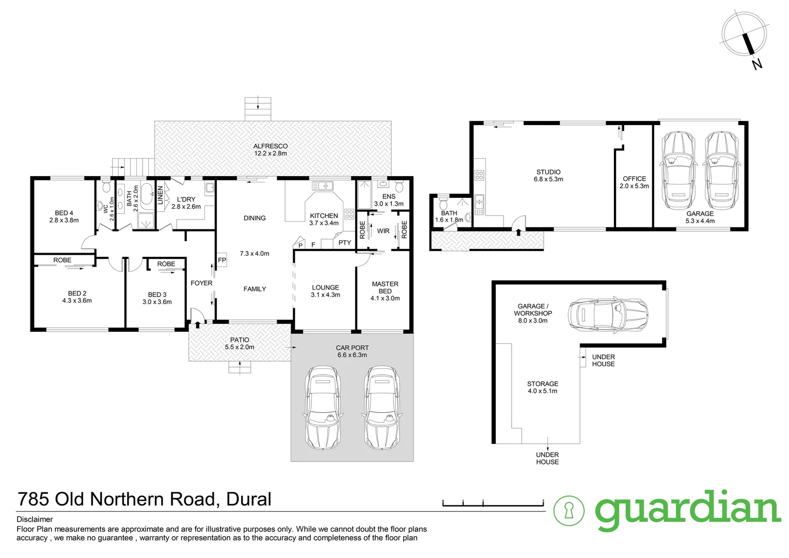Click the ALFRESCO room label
tap(270, 146)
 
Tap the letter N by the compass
tap(757, 65)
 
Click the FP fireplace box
tap(222, 260)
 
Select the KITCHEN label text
tap(324, 216)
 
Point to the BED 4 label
tap(64, 213)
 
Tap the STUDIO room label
tap(548, 172)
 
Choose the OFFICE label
tap(634, 179)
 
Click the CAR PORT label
tap(352, 348)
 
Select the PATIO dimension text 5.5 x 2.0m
tap(240, 347)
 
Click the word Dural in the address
tap(249, 499)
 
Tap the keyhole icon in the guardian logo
tap(569, 510)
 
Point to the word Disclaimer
tap(35, 519)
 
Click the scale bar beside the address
tap(493, 502)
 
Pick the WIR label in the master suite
tap(383, 231)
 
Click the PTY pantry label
tap(344, 243)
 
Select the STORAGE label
tap(543, 384)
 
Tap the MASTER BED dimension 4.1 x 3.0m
tap(385, 298)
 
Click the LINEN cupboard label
tap(160, 195)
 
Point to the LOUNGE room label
tap(325, 288)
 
